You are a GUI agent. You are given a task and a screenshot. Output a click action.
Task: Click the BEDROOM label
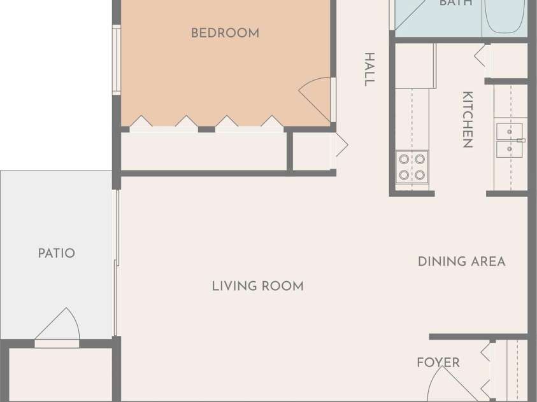click(225, 33)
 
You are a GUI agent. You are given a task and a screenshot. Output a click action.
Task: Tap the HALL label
click(369, 69)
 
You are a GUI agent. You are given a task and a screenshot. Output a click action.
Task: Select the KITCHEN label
click(468, 120)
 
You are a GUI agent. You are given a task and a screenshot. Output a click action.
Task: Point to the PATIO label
click(57, 253)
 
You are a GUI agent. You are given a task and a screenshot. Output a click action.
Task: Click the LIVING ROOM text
click(258, 286)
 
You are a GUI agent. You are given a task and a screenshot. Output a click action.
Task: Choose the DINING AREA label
click(462, 261)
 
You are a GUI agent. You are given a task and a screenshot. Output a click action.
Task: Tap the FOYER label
click(438, 363)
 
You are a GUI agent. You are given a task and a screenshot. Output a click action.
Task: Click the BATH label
click(455, 3)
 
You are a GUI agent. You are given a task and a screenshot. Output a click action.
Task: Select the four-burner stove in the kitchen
click(412, 167)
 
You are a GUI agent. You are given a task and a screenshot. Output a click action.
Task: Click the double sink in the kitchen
click(510, 140)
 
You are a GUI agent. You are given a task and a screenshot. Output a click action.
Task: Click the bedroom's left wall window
click(117, 60)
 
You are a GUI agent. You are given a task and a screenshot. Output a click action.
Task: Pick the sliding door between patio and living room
click(116, 263)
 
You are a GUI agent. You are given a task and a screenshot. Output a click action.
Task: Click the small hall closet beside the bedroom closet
click(311, 151)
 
